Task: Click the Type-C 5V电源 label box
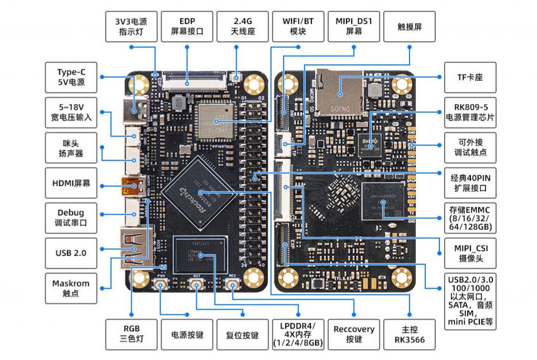click(x=71, y=77)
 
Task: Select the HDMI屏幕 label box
click(x=71, y=184)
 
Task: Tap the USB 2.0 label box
click(x=71, y=252)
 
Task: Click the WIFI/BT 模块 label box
click(x=298, y=26)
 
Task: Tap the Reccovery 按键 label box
click(x=354, y=334)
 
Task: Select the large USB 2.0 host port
click(x=131, y=246)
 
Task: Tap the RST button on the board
click(x=197, y=285)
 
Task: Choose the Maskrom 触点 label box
click(x=71, y=288)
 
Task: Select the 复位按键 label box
click(x=242, y=334)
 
